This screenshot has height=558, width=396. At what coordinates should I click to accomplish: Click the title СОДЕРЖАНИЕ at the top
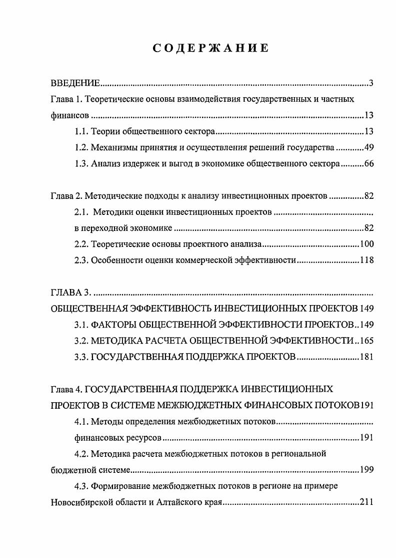click(210, 48)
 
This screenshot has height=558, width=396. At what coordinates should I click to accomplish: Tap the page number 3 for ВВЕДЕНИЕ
click(371, 83)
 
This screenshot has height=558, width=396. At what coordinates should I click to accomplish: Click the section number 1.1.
click(81, 132)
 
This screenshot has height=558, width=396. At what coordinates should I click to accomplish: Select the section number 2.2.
click(81, 244)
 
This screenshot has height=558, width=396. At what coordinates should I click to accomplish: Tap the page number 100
click(367, 244)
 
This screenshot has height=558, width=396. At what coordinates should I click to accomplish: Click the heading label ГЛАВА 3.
click(70, 292)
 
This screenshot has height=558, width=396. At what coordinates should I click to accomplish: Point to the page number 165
click(367, 341)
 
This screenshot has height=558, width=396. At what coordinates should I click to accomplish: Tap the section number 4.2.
click(81, 454)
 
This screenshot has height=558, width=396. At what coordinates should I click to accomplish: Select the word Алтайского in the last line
click(170, 502)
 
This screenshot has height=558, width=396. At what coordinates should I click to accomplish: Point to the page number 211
click(367, 502)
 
